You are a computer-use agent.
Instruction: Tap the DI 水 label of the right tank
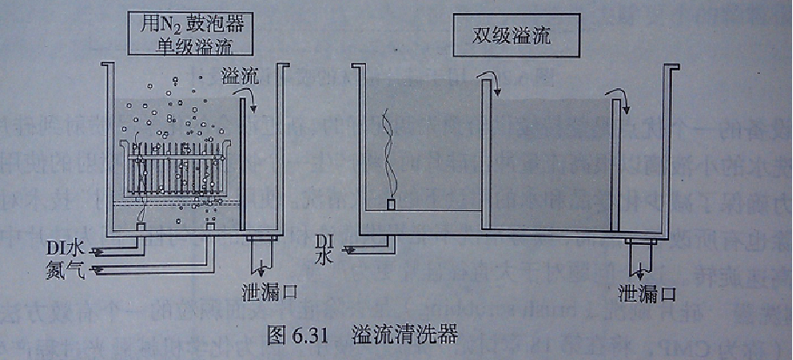324,248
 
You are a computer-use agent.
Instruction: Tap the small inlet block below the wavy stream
392,205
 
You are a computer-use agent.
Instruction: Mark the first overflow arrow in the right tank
495,84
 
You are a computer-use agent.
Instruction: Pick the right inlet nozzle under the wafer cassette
210,228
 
